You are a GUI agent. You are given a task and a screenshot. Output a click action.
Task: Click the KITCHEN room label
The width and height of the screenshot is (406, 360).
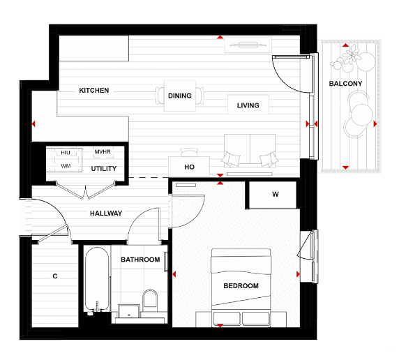pyautogui.click(x=93, y=91)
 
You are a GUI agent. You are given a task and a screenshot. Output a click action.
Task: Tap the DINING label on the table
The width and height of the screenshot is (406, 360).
pyautogui.click(x=180, y=96)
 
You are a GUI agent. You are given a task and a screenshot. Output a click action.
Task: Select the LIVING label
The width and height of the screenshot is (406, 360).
pyautogui.click(x=248, y=106)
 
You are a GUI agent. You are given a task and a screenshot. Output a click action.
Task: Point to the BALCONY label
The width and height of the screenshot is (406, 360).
pyautogui.click(x=345, y=84)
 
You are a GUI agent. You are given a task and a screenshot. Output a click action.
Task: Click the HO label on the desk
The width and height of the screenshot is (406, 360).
pyautogui.click(x=189, y=167)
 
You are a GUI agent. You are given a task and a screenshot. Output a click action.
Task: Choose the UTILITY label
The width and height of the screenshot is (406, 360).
pyautogui.click(x=104, y=169)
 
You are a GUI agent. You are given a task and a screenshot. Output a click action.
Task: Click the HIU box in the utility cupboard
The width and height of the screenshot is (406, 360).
pyautogui.click(x=66, y=152)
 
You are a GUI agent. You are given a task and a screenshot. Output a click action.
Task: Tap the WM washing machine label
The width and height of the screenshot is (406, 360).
pyautogui.click(x=66, y=166)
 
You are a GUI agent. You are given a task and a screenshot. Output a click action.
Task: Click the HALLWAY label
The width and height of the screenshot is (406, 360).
pyautogui.click(x=105, y=213)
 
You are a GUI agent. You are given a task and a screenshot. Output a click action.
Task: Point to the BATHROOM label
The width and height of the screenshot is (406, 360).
pyautogui.click(x=140, y=260)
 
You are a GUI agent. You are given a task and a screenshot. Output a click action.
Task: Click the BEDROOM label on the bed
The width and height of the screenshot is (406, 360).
pyautogui.click(x=241, y=286)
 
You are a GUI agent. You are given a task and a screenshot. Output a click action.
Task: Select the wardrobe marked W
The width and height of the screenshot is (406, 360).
pyautogui.click(x=275, y=195)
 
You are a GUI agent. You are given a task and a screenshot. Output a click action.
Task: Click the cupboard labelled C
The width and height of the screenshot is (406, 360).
pyautogui.click(x=54, y=276)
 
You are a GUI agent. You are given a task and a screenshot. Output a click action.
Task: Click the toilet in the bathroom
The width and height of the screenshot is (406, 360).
pyautogui.click(x=150, y=301)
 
